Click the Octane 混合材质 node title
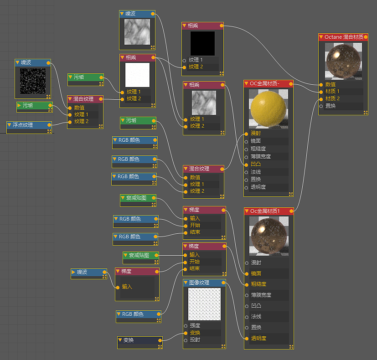point(344,36)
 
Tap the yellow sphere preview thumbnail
point(269,108)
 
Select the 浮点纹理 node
point(29,124)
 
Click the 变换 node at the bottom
point(139,340)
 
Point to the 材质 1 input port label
point(332,91)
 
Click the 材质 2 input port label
point(332,98)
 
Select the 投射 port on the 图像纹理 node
point(195,340)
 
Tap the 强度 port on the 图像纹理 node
point(195,326)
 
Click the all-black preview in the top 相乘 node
point(202,43)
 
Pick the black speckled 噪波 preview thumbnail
point(33,81)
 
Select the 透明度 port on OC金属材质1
point(258,338)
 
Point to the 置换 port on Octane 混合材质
point(331,106)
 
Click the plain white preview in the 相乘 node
point(137,75)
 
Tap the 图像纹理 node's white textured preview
point(204,304)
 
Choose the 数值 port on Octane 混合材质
point(331,84)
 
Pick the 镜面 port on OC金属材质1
point(256,273)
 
